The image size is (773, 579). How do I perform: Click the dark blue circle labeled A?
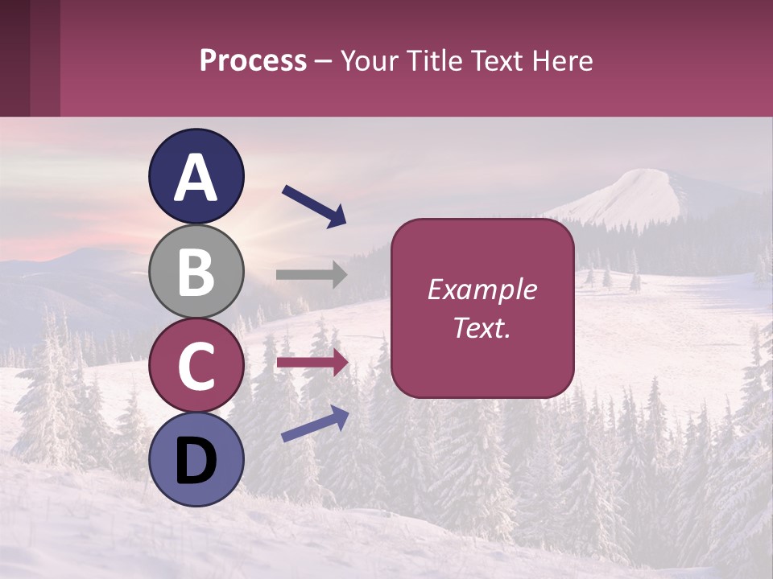(196, 176)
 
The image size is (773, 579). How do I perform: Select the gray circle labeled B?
(196, 271)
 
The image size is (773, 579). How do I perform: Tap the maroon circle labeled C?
(196, 366)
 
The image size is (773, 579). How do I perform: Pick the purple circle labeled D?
(196, 460)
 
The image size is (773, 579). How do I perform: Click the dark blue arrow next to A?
(314, 206)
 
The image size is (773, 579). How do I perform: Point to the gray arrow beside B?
(312, 275)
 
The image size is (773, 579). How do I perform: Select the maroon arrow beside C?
(312, 363)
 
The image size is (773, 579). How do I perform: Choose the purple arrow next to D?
(315, 424)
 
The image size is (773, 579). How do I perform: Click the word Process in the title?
(253, 60)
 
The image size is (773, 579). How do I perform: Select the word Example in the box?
(482, 289)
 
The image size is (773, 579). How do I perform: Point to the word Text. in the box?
(482, 327)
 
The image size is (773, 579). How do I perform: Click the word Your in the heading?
(367, 60)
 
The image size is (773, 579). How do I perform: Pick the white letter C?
(196, 366)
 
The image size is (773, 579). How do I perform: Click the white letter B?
(196, 272)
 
